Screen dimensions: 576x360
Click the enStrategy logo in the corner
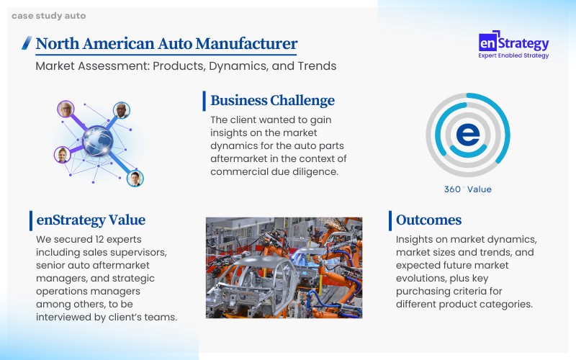[513, 45]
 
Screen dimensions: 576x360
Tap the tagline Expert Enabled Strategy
[513, 55]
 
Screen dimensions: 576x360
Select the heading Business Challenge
[272, 100]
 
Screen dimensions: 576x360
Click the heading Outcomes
[428, 220]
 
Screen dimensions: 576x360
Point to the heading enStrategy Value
[91, 220]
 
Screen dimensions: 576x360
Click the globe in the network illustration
[98, 140]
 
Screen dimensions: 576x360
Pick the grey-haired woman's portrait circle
[66, 109]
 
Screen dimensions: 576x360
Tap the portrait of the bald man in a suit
[121, 110]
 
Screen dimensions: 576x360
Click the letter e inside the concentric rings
[468, 135]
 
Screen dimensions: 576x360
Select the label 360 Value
[467, 189]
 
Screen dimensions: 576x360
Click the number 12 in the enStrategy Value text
[99, 239]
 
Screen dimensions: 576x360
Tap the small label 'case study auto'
[48, 16]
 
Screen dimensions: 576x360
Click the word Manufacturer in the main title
[246, 43]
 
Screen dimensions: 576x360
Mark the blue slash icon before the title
[27, 42]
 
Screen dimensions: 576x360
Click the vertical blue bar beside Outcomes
[390, 221]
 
